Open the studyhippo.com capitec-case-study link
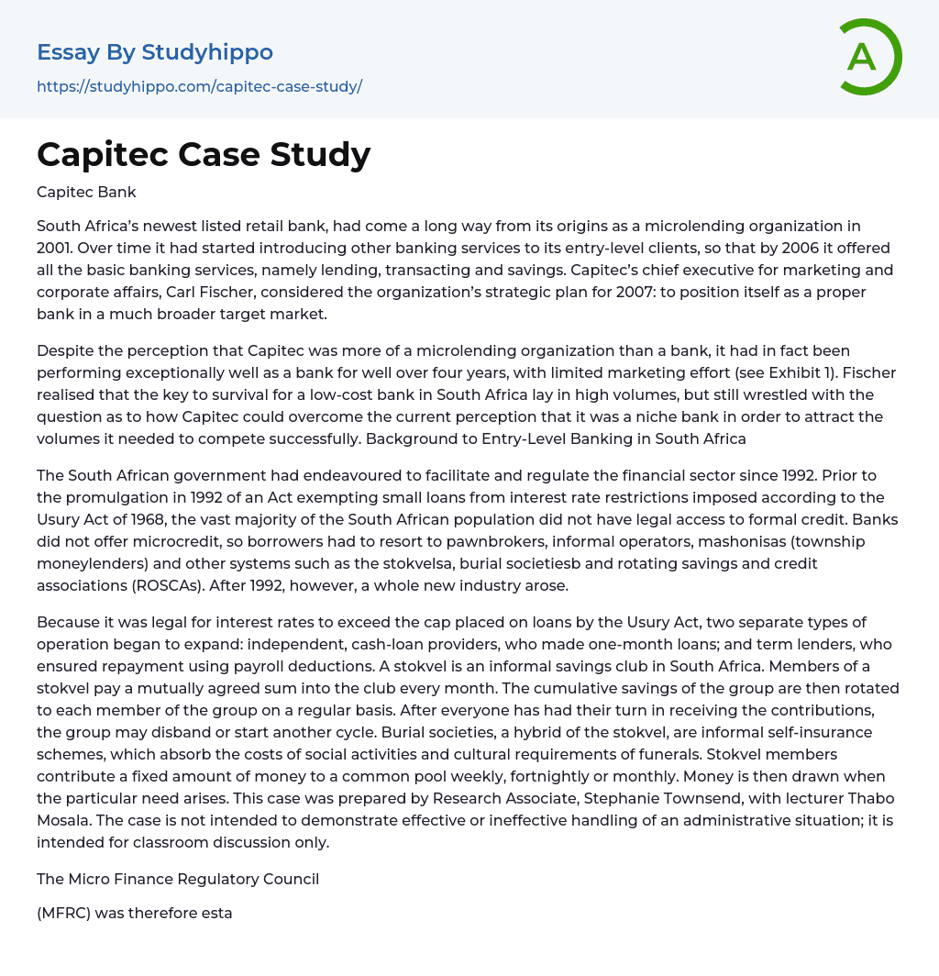point(199,86)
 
